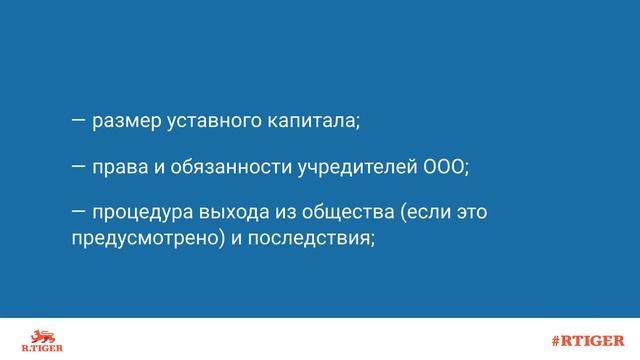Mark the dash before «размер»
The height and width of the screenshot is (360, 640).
78,121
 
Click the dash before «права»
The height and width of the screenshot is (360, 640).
78,165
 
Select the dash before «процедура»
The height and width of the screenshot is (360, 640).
78,212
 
